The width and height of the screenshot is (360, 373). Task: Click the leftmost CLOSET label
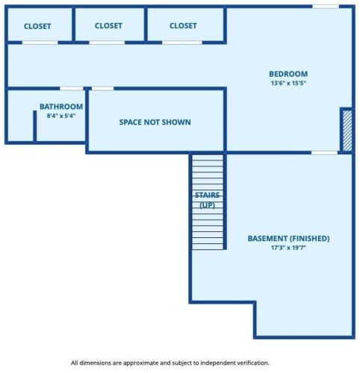pos(37,26)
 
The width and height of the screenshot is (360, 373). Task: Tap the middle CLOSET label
pos(108,25)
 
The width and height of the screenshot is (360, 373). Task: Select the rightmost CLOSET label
pos(183,25)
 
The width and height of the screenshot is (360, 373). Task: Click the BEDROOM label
pos(288,74)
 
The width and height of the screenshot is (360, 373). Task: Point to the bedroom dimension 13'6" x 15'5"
pos(288,83)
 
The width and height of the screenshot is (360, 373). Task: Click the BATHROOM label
pos(61,107)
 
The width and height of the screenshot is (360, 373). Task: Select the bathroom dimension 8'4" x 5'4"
pos(61,116)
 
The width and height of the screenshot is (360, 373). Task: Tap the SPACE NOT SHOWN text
pos(155,122)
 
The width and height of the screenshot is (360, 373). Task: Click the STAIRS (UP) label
pos(208,200)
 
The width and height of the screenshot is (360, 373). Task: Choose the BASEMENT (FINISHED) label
pos(289,238)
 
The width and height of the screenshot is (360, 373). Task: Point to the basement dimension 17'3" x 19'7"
pos(289,248)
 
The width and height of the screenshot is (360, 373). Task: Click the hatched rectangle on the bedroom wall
pos(347,131)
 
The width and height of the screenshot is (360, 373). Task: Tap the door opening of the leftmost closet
pos(40,43)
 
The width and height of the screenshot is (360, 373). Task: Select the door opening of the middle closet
pos(107,43)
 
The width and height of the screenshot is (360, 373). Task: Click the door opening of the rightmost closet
pos(182,43)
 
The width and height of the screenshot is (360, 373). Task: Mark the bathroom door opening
pos(72,89)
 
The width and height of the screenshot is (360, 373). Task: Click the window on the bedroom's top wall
pos(326,7)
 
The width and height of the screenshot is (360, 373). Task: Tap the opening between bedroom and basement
pos(325,153)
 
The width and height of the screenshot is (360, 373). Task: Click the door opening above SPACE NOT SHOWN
pos(103,89)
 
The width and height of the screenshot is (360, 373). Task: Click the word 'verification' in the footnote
pos(256,363)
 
